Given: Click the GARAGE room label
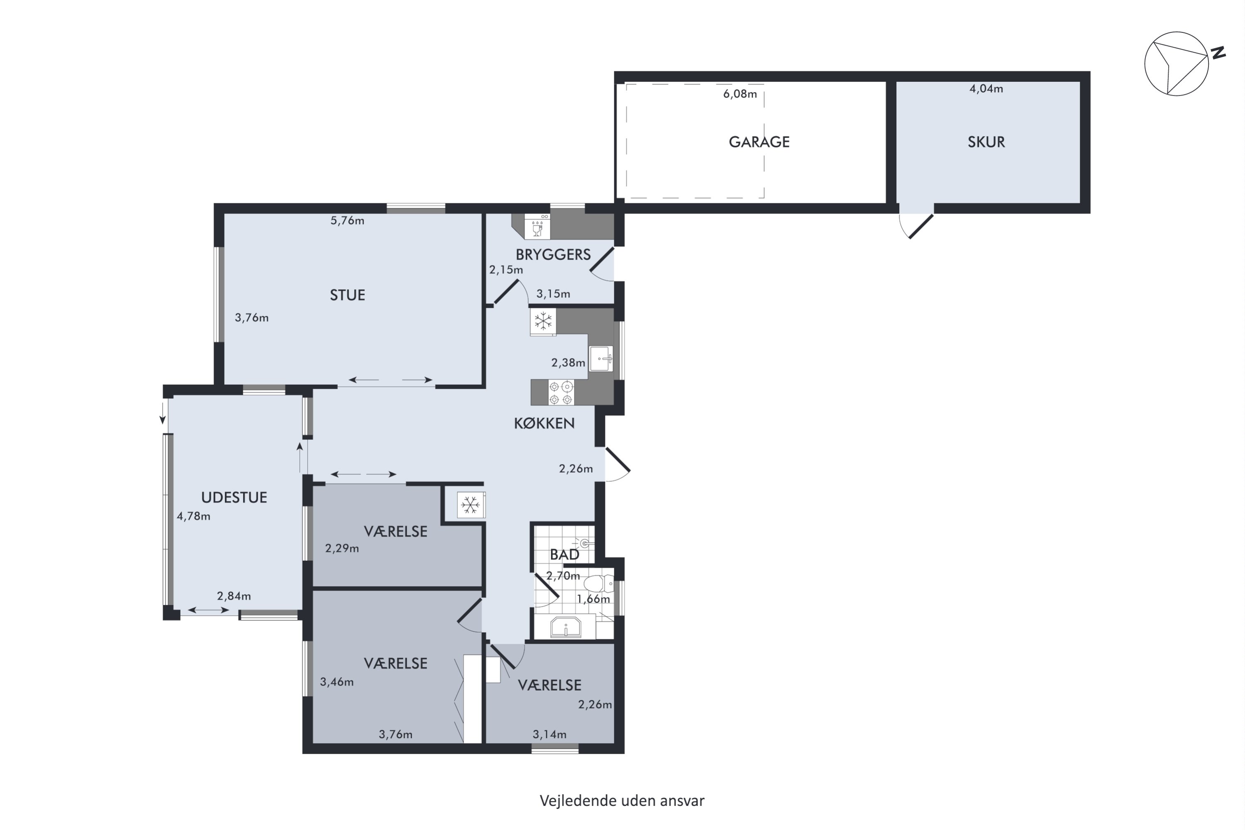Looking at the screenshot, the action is [x=759, y=142].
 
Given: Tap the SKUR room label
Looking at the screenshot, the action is [x=986, y=142].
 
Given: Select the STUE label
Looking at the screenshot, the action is [x=347, y=295].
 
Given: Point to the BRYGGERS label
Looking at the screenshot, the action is [x=553, y=255].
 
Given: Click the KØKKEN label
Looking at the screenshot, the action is [x=544, y=423].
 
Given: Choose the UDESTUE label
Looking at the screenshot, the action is [x=234, y=497].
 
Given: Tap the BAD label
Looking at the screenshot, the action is [x=564, y=555].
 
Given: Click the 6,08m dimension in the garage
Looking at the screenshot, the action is [x=740, y=94].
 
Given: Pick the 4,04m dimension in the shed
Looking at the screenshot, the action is [x=986, y=89].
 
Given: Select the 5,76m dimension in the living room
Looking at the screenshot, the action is [x=347, y=221].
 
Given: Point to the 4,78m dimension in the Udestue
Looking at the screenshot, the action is [x=193, y=516].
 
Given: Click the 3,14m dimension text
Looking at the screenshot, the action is [x=549, y=734].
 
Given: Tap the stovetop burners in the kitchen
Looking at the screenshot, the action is [x=561, y=393].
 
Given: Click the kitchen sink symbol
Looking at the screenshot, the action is [x=601, y=359].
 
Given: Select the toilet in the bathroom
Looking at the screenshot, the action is [x=599, y=584].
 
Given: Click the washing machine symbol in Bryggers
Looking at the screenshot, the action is [x=537, y=226].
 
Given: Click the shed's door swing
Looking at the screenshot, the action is [x=916, y=225].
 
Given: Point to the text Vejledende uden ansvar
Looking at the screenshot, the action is [x=622, y=801].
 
